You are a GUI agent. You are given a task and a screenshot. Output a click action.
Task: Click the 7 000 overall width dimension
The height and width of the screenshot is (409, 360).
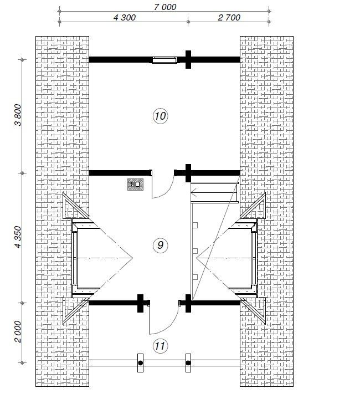(x=164, y=7)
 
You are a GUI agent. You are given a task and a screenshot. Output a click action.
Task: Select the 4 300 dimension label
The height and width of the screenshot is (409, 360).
(x=125, y=18)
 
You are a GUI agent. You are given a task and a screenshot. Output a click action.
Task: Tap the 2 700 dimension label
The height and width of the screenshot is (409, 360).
(x=229, y=18)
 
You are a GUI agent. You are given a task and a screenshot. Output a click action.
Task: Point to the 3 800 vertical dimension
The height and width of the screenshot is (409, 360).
(x=18, y=115)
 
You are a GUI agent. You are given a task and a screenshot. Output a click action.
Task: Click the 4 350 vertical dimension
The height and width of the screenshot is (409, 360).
(x=18, y=237)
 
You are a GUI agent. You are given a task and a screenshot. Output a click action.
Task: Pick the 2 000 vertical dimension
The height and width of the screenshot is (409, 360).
(x=18, y=331)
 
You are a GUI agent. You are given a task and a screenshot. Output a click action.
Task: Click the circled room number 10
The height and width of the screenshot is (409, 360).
(x=160, y=116)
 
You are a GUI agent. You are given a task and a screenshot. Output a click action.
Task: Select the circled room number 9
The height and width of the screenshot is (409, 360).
(x=160, y=245)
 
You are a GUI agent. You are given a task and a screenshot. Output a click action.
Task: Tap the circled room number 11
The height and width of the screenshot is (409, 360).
(x=160, y=346)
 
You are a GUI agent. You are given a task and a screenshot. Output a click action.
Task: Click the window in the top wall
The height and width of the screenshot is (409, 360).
(x=164, y=60)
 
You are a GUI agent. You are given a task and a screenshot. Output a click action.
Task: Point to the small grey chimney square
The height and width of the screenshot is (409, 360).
(x=135, y=185)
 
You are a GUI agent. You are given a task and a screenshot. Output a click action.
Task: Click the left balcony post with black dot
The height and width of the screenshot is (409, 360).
(x=140, y=363)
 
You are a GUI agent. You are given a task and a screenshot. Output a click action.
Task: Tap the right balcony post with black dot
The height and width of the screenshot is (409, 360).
(x=188, y=363)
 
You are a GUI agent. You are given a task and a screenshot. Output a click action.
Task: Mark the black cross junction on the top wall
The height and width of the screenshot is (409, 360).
(x=188, y=59)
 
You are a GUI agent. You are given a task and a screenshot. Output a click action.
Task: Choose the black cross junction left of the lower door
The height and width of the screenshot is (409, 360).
(x=140, y=303)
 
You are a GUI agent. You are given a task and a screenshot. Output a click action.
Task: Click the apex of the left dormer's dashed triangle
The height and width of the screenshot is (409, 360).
(x=133, y=258)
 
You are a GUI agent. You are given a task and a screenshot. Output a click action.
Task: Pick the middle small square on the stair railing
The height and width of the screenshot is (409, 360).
(x=195, y=251)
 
